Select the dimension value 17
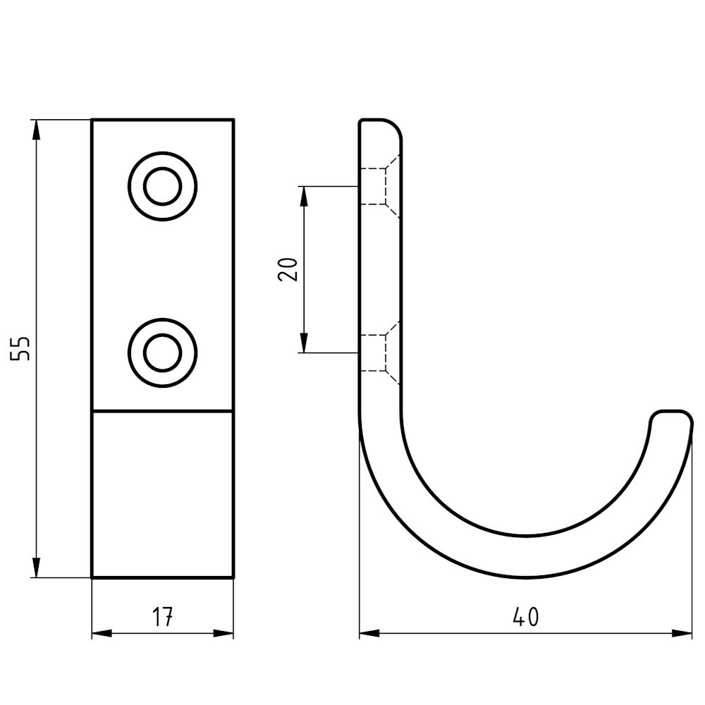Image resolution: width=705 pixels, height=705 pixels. coord(163,617)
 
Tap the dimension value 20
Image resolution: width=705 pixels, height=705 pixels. coord(288,269)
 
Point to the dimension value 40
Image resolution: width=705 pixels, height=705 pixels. coord(526,617)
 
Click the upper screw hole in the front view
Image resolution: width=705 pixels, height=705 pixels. coord(163,186)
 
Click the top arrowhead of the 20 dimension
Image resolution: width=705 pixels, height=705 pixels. coord(305,195)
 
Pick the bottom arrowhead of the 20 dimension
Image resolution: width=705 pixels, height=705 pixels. coord(305,343)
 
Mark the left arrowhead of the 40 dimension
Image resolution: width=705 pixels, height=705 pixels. coord(369,632)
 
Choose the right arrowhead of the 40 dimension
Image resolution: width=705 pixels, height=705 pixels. coord(682,632)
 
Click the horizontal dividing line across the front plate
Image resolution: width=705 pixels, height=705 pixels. coord(163,410)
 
